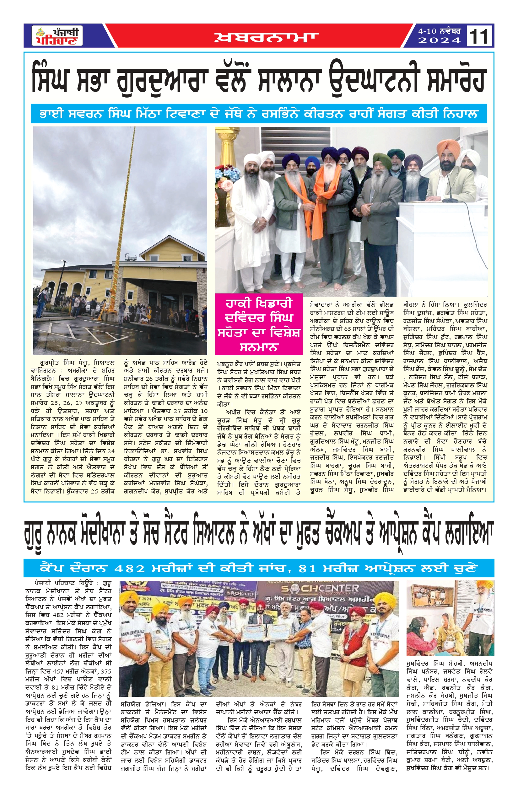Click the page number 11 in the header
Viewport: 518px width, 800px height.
(479, 36)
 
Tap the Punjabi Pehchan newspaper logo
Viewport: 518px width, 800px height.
(57, 36)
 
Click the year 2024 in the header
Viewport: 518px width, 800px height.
(439, 41)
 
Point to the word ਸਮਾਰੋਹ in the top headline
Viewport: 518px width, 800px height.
(451, 81)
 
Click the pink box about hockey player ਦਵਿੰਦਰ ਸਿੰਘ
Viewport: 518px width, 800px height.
(259, 324)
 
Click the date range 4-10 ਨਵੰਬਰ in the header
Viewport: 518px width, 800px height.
(439, 31)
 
